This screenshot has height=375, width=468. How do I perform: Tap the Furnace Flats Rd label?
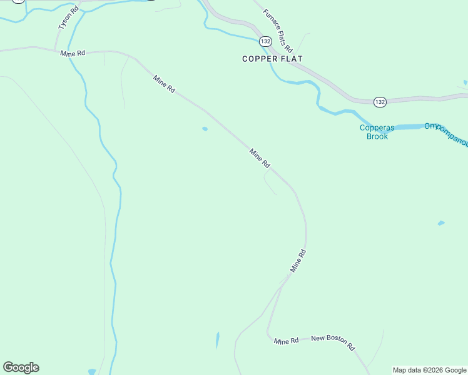click(x=278, y=30)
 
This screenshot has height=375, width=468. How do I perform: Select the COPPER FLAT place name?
click(x=273, y=59)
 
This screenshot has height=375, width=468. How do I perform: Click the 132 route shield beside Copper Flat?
click(x=266, y=41)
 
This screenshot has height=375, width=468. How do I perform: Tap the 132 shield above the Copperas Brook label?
click(x=380, y=101)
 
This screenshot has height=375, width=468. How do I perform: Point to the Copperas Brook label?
click(x=374, y=132)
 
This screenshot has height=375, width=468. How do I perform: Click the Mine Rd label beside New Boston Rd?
click(x=287, y=341)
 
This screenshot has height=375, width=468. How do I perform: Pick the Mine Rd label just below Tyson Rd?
click(x=73, y=54)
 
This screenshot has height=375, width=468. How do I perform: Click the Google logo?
click(x=21, y=367)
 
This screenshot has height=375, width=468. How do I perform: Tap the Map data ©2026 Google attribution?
click(x=429, y=370)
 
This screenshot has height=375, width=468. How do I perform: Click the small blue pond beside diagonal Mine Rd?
click(x=205, y=129)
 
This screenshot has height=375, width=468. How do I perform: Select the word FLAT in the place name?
click(x=290, y=59)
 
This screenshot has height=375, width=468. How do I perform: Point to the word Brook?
click(x=377, y=136)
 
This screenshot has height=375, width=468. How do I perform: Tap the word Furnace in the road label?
click(x=270, y=21)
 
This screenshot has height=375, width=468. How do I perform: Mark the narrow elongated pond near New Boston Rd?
click(x=217, y=340)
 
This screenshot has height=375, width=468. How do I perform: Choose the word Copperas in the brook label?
click(x=374, y=127)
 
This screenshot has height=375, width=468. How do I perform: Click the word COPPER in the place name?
click(x=258, y=59)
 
